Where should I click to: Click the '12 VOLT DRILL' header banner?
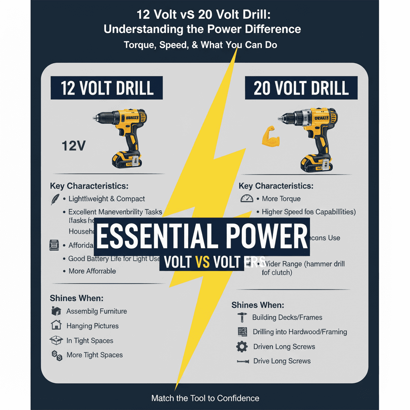[107, 88]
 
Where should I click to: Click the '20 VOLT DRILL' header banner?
[301, 88]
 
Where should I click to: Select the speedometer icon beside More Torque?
[247, 199]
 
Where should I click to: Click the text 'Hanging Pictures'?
[92, 326]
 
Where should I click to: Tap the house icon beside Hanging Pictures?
[56, 325]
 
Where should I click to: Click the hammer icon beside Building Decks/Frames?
[242, 318]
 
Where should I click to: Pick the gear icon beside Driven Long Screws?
[242, 347]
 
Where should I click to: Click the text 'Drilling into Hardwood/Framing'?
[299, 332]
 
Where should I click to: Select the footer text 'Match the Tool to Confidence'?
[205, 398]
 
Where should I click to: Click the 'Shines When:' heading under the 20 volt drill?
[257, 305]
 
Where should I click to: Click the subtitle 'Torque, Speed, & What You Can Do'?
[200, 45]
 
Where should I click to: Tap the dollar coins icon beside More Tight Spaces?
[56, 355]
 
